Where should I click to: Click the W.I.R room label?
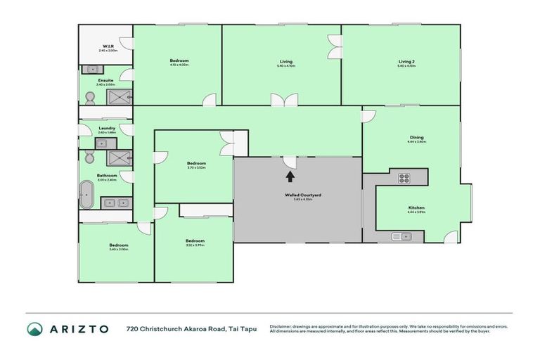(108, 47)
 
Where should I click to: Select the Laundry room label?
(108, 128)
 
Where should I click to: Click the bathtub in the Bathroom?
(86, 195)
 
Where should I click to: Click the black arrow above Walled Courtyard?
(288, 176)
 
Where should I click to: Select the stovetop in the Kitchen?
(404, 177)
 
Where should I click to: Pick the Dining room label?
(416, 138)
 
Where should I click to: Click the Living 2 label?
(406, 61)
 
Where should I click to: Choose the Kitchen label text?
(416, 208)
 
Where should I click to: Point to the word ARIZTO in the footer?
(77, 329)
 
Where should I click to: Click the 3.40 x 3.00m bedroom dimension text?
(118, 249)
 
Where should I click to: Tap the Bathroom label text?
(107, 175)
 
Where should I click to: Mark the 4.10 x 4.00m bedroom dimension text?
(179, 65)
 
